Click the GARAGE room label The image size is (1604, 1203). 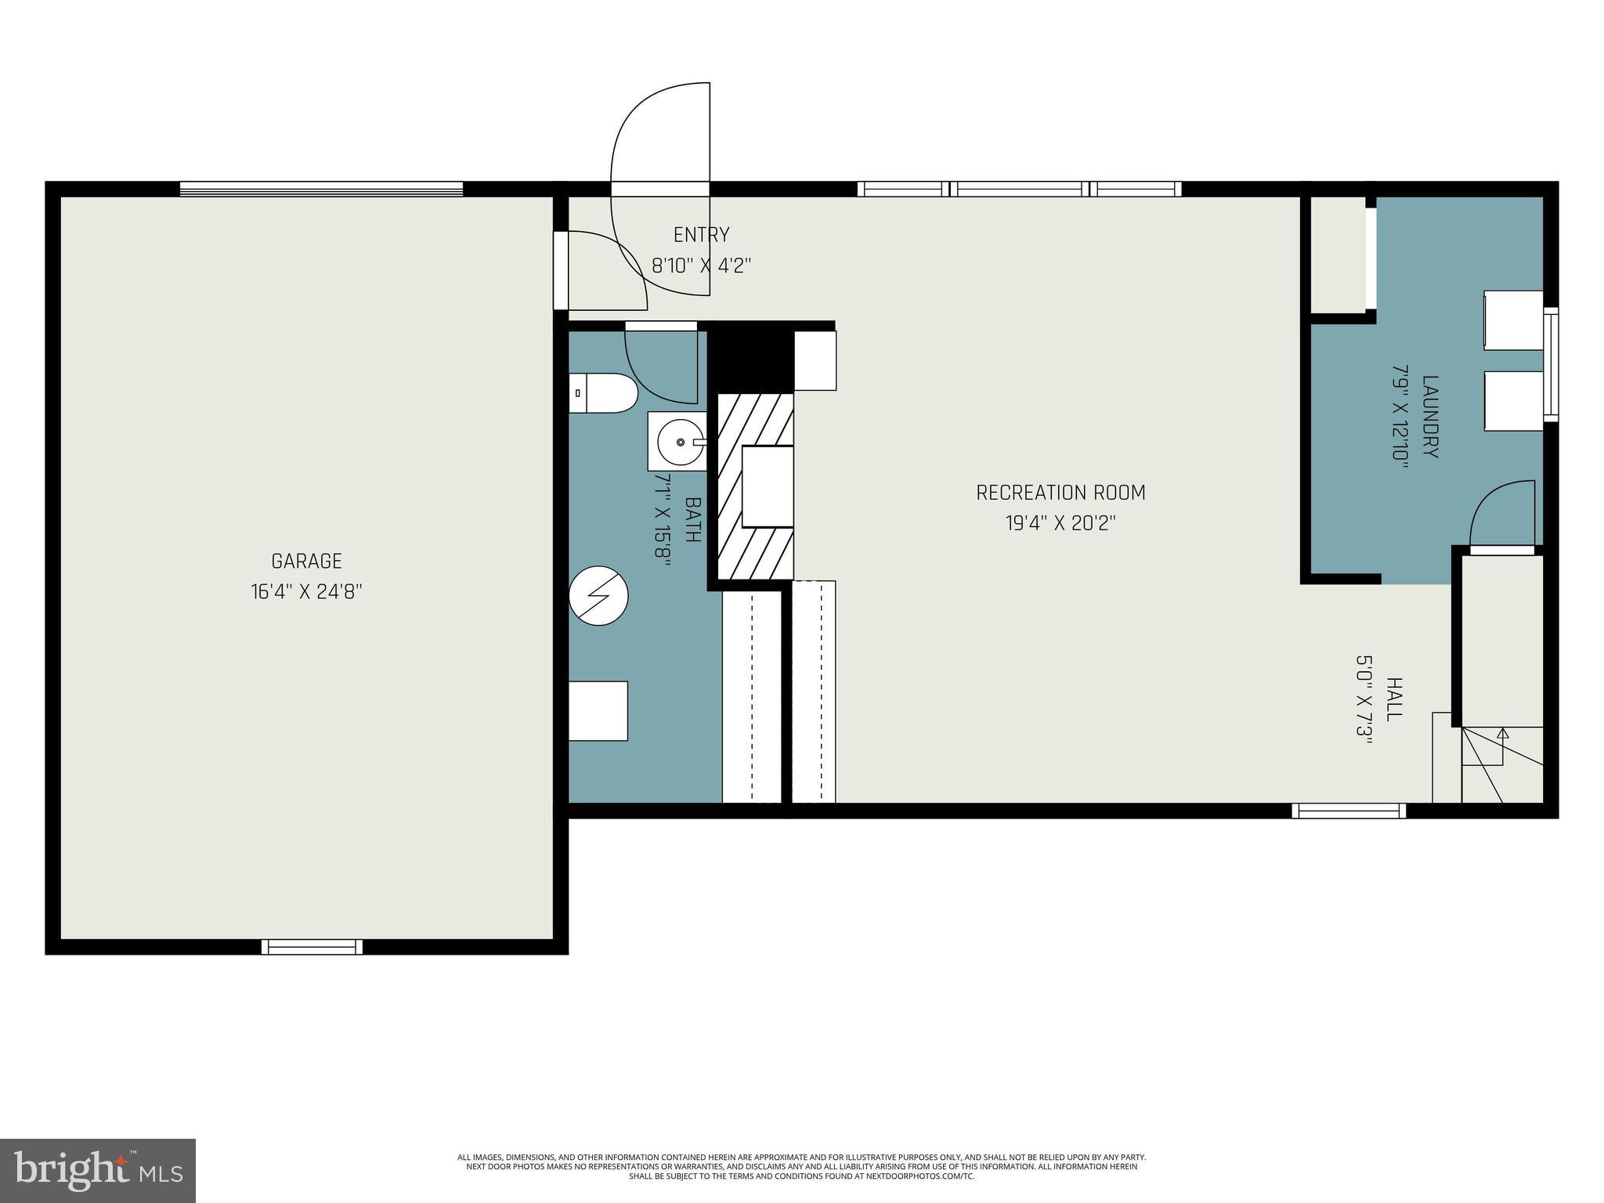pyautogui.click(x=306, y=561)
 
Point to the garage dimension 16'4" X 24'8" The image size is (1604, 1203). pyautogui.click(x=306, y=591)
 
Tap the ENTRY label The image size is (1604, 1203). pyautogui.click(x=701, y=234)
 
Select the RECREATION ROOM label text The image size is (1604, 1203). pyautogui.click(x=1060, y=493)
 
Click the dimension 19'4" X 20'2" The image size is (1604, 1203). pyautogui.click(x=1060, y=523)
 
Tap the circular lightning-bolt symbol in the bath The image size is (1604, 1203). pyautogui.click(x=598, y=596)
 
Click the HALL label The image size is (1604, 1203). pyautogui.click(x=1394, y=699)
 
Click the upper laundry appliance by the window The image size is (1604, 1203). pyautogui.click(x=1513, y=320)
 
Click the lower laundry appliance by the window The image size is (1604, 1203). pyautogui.click(x=1513, y=401)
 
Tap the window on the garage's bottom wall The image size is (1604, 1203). pyautogui.click(x=312, y=947)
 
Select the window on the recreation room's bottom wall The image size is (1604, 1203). pyautogui.click(x=1348, y=811)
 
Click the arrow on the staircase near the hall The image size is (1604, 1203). pyautogui.click(x=1502, y=735)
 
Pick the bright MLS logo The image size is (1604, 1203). pyautogui.click(x=98, y=1170)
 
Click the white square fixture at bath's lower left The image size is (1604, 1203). pyautogui.click(x=598, y=711)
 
